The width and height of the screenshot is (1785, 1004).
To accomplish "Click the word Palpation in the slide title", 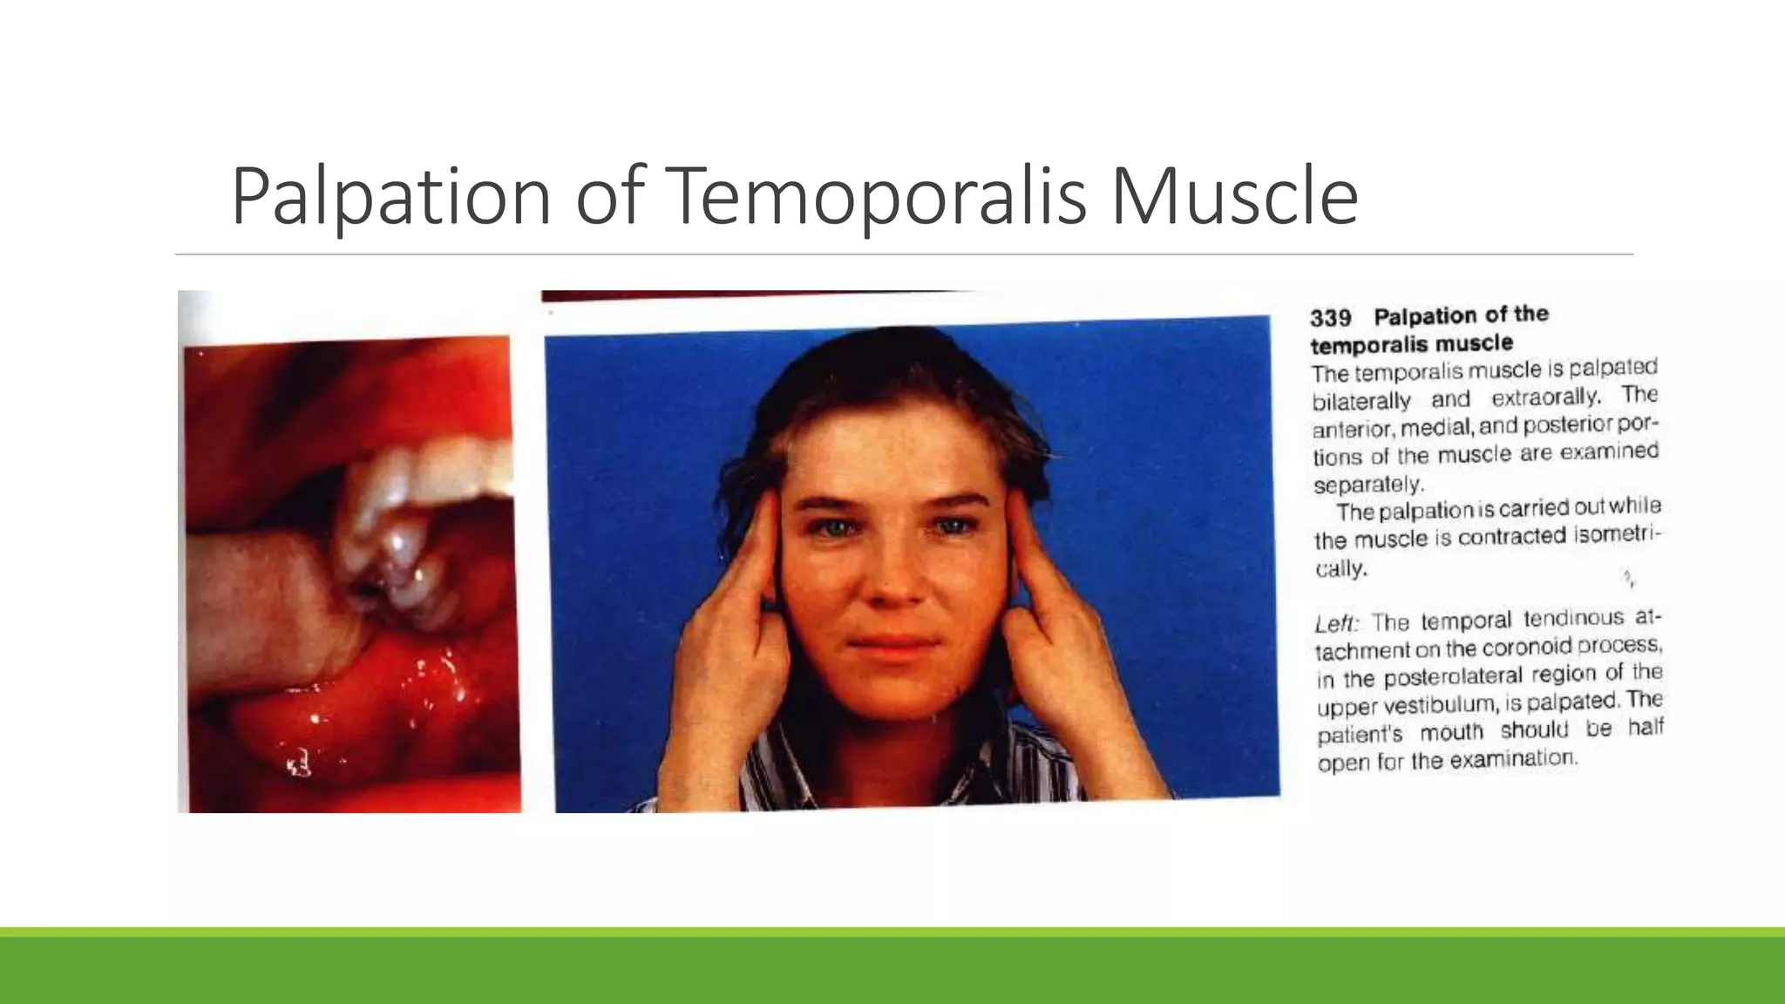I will (x=390, y=196).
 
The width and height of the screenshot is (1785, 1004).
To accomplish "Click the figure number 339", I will (x=1330, y=318).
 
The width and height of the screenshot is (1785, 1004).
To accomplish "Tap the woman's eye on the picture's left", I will (x=831, y=526).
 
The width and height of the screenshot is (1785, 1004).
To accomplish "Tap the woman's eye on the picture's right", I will (x=955, y=526).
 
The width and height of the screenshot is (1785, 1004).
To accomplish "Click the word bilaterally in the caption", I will (x=1361, y=401).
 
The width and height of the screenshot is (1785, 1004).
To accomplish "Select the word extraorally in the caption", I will (x=1545, y=397).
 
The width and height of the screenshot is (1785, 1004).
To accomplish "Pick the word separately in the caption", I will (x=1368, y=485).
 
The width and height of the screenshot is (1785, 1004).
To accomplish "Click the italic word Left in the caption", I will (x=1336, y=624).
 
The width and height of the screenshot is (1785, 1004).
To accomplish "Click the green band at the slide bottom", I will (x=892, y=967).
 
